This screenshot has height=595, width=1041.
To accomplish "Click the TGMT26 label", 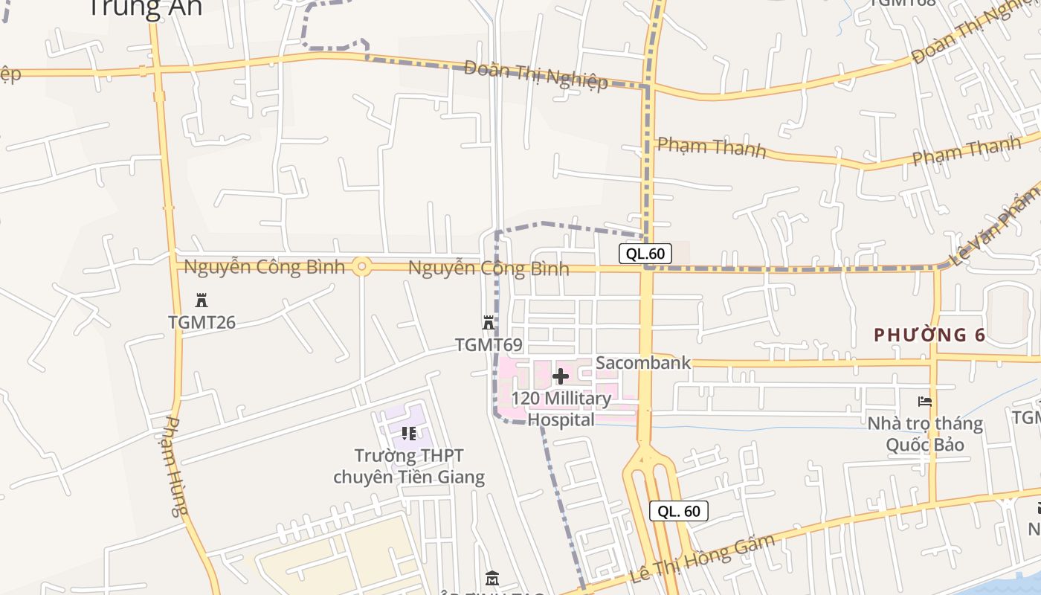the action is coord(202,322).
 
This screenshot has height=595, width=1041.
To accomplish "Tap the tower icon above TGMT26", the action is coord(202,300).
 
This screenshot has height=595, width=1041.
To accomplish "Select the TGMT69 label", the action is coord(489,345).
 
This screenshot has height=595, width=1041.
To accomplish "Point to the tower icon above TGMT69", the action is coord(489,323).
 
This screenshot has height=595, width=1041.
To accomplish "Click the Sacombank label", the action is coord(643,363).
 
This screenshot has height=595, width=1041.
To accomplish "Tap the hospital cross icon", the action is coord(561,376).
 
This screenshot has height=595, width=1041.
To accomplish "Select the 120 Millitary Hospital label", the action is coord(561,409).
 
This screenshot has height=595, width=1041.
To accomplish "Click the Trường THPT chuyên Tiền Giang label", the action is coord(409,466).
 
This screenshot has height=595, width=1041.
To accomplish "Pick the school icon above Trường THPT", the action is coord(408,433).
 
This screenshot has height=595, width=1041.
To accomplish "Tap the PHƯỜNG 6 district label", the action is coord(929,335).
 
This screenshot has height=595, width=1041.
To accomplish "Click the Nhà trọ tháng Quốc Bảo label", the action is coord(925,434).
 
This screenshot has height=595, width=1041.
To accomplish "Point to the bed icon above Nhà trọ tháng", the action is coord(925,402).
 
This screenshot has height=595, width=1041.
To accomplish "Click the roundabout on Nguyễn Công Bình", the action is coord(362,266).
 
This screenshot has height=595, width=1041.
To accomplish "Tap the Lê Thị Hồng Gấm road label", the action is coord(702,558).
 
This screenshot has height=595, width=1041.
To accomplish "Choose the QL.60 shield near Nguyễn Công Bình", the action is coord(645,254).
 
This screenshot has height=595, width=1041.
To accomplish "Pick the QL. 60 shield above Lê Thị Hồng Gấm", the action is coord(679,511).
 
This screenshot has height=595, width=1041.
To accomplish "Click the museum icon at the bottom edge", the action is coord(492,578).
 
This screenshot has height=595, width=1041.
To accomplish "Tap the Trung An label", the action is coord(145,7).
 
